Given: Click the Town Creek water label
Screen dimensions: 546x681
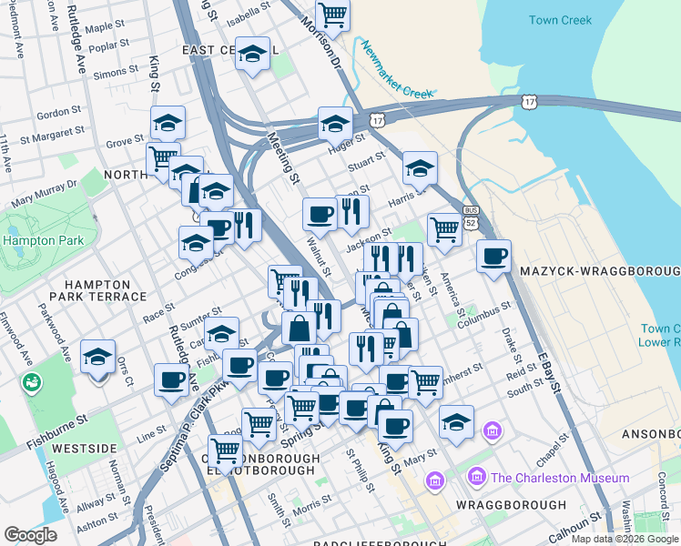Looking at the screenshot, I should coord(560,20).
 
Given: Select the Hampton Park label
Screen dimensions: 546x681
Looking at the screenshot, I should coord(44,241).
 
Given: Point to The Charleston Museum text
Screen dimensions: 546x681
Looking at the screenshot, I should coord(559,478).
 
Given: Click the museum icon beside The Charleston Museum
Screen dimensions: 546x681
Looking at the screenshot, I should coord(475,478).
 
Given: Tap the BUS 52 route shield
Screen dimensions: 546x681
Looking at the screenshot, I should coord(470,217).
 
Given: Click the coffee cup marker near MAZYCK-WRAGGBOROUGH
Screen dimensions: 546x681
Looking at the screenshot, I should coord(493,257).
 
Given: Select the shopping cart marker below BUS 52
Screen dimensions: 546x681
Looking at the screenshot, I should coord(443,228).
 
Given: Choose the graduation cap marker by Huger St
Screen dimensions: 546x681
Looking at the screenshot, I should coord(335,123).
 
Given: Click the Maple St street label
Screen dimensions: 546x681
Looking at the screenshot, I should coord(104,26).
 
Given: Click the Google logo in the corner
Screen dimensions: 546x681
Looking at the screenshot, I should coord(31,535).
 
